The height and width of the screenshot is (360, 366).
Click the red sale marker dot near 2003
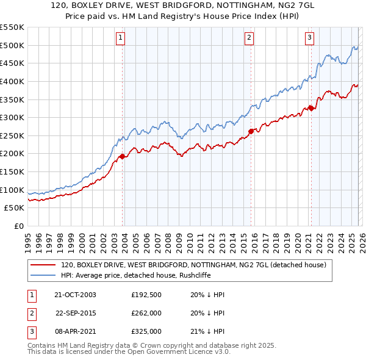click(122, 156)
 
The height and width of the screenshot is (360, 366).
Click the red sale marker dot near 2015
click(251, 131)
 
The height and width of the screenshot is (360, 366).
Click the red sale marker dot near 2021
click(310, 108)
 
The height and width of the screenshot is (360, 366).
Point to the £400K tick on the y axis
click(12, 81)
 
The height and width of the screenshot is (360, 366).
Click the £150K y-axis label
click(12, 171)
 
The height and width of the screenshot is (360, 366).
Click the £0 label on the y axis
click(18, 226)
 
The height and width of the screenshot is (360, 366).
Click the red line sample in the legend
click(43, 265)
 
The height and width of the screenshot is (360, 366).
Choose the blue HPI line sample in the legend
click(43, 275)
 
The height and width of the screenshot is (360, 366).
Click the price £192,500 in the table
click(146, 295)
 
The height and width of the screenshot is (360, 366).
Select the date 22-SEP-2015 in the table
click(76, 313)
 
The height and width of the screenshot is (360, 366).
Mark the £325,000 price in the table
click(146, 331)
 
